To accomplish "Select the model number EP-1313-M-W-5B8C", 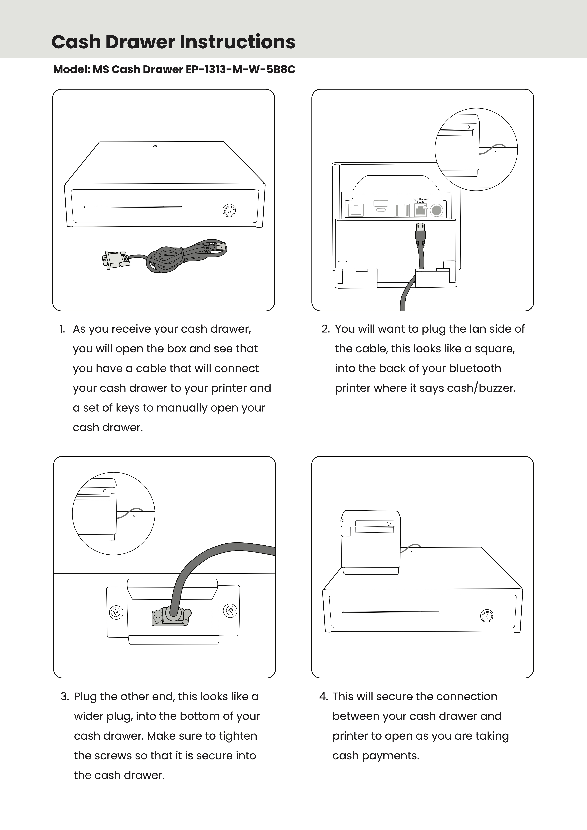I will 240,69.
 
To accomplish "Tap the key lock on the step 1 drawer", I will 229,210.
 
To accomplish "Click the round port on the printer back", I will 437,210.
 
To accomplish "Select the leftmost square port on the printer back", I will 356,210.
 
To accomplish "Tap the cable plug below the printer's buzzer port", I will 420,233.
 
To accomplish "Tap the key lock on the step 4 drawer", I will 487,616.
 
